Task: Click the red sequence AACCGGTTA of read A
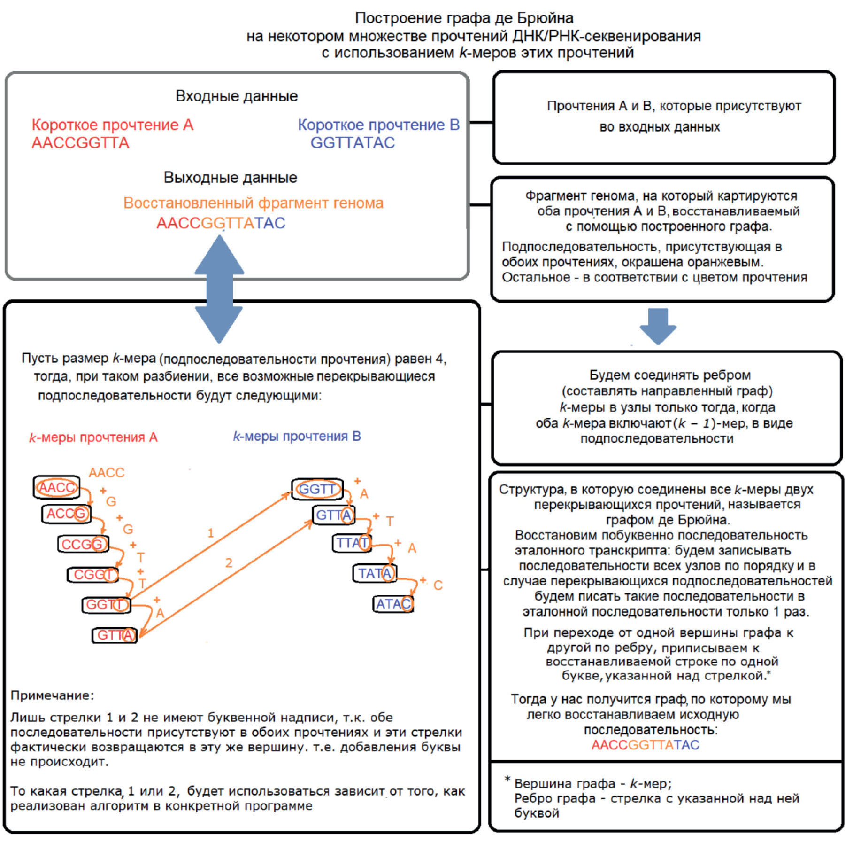[80, 143]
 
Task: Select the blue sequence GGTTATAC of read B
[353, 143]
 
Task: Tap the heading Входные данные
[237, 96]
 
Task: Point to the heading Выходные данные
[230, 178]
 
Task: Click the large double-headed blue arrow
[219, 289]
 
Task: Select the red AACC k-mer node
[57, 487]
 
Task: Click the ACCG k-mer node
[66, 514]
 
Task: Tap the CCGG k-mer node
[83, 544]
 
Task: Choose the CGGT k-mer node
[93, 575]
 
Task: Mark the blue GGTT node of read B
[317, 489]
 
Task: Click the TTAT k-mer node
[352, 543]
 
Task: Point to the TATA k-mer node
[375, 573]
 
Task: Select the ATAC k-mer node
[393, 604]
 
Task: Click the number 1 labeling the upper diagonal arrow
[211, 533]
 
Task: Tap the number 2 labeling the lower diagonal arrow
[229, 562]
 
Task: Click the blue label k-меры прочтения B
[297, 437]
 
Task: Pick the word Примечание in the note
[52, 695]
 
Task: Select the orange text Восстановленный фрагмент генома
[253, 203]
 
